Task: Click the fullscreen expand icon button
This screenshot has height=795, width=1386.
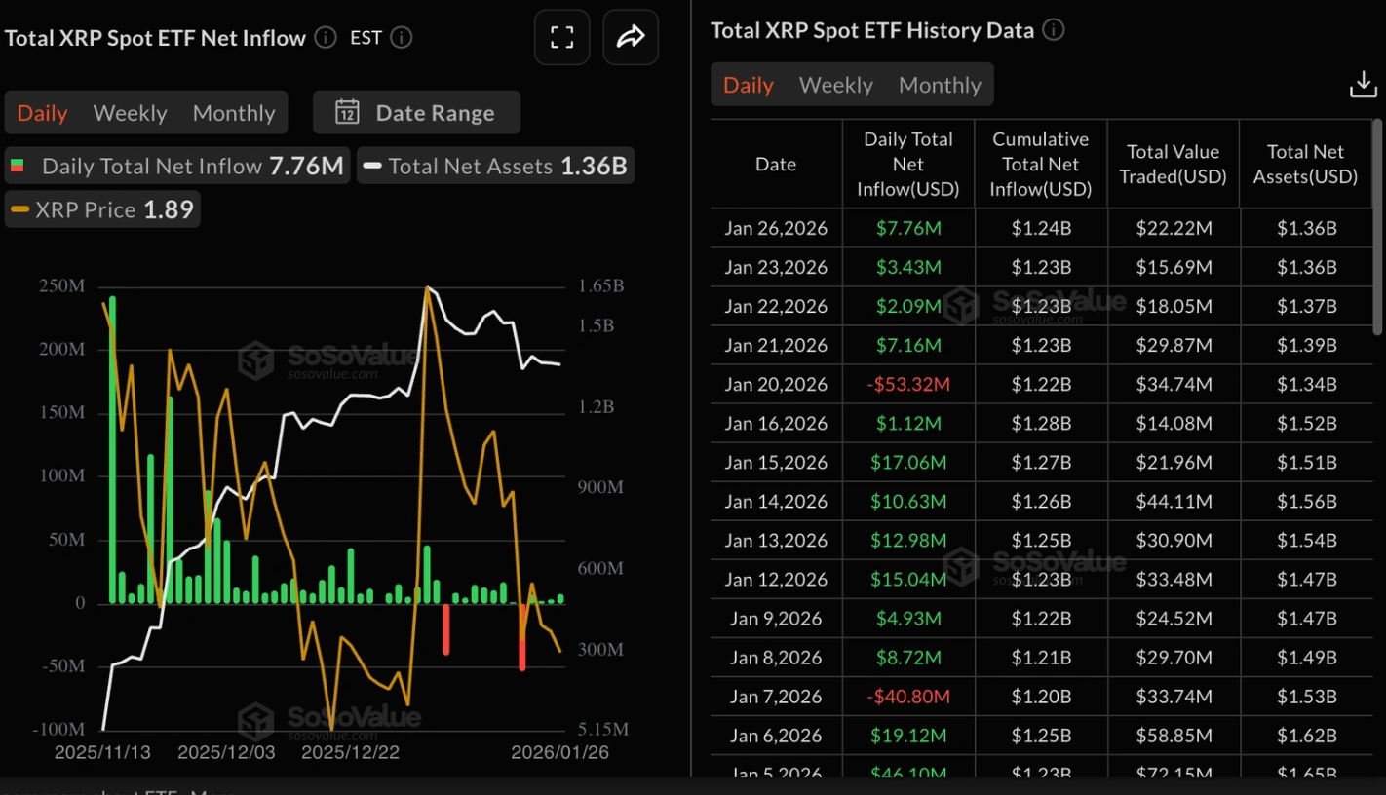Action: coord(561,38)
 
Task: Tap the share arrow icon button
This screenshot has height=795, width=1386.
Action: coord(631,38)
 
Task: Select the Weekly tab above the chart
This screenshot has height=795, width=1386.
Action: coord(130,113)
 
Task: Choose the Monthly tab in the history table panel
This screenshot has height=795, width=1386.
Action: coord(940,85)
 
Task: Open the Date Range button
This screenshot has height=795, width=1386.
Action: coord(416,113)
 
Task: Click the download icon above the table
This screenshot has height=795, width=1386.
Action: coord(1363,85)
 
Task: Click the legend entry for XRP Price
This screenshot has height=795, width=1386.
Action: coord(102,209)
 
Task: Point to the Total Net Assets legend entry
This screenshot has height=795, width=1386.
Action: coord(495,167)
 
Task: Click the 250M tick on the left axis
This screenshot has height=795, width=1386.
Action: coord(61,286)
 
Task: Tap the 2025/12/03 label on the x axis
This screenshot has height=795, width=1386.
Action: coord(226,753)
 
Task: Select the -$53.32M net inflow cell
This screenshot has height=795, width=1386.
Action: coord(908,384)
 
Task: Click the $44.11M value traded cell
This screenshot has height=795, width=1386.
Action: coord(1174,501)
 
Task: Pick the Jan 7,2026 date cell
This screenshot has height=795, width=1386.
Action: coord(776,697)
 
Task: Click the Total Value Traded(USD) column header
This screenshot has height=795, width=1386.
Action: coord(1173,164)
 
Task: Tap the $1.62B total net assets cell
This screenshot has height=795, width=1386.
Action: coord(1306,736)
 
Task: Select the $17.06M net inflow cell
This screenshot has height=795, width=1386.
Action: coord(908,462)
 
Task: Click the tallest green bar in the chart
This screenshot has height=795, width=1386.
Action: coord(112,448)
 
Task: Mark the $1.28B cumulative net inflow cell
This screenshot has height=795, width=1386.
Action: coord(1041,423)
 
